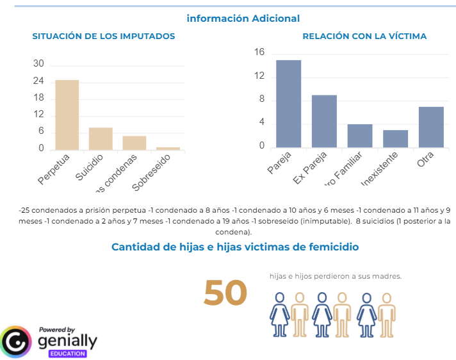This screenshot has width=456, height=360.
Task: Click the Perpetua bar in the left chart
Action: (x=67, y=115)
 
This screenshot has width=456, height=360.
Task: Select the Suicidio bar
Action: (x=101, y=138)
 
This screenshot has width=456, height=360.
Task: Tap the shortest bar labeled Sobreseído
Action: (x=168, y=148)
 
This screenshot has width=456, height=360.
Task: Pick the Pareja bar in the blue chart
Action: (x=288, y=104)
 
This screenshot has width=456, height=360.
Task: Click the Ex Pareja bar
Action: (x=324, y=121)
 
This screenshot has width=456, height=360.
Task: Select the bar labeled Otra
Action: (x=431, y=127)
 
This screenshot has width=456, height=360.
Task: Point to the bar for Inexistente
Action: (x=395, y=138)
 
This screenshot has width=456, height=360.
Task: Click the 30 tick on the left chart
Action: (x=39, y=64)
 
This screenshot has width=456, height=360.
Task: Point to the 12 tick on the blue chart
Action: (x=259, y=76)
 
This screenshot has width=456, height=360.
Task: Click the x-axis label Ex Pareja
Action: (x=310, y=168)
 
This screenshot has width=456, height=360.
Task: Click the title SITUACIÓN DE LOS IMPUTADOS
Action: (x=104, y=37)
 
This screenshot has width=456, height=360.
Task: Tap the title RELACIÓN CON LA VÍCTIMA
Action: (x=364, y=37)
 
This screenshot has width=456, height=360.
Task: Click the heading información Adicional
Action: (x=243, y=19)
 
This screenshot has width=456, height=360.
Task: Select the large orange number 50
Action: (x=225, y=293)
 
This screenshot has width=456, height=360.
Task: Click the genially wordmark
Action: (x=67, y=340)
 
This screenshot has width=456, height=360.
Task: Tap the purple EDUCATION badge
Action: (x=67, y=353)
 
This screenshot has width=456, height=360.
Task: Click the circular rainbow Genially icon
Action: (x=16, y=341)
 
